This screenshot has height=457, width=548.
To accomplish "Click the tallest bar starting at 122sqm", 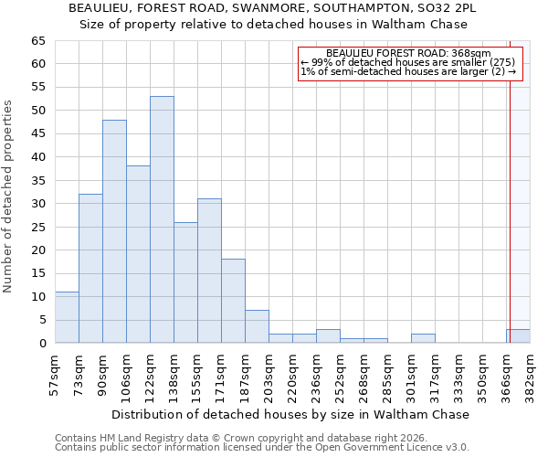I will point(162,219).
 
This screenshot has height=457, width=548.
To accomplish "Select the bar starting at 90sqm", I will point(114,231).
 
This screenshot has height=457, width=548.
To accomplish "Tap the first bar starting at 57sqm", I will point(67,317).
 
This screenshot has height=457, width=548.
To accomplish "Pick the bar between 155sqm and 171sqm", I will point(209,271).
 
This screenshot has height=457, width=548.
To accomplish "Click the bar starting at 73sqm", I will point(90,269).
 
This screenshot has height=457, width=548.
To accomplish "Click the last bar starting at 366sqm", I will point(518,336).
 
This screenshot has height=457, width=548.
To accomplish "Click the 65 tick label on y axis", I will point(37,41).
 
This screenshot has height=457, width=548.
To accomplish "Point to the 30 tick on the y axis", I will point(37,204).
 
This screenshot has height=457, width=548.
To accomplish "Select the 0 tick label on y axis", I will point(41,344).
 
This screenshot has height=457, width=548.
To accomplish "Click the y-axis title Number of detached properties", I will point(9,197).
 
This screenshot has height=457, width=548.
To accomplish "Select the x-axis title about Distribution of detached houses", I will point(291,414).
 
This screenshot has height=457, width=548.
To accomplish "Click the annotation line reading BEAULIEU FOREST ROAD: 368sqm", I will point(408,54).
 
